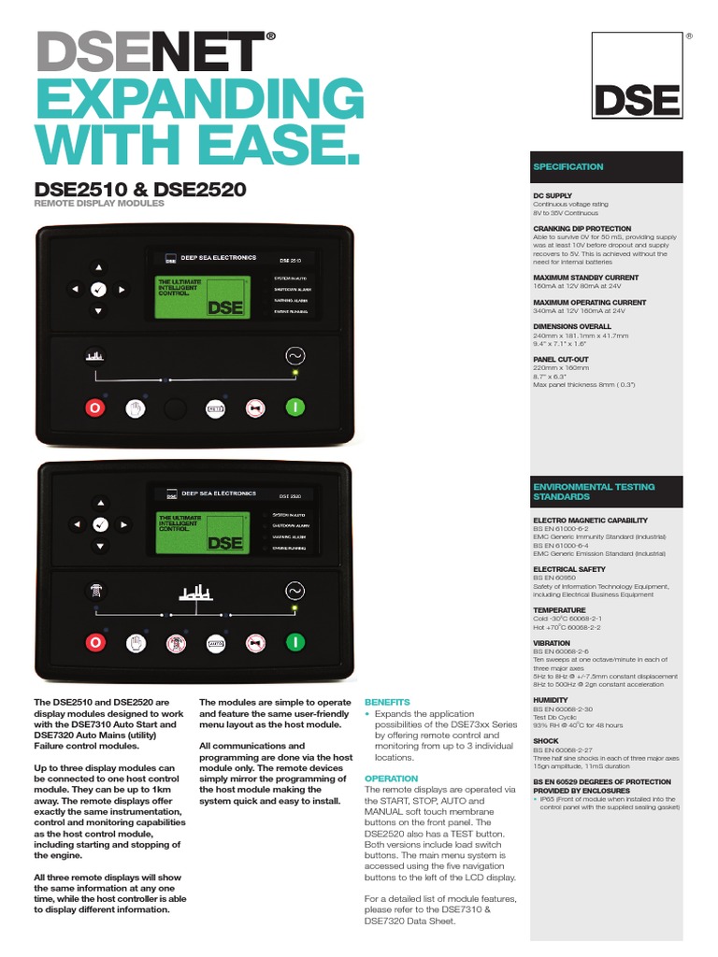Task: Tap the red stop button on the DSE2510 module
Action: point(93,408)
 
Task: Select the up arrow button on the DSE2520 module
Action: point(99,503)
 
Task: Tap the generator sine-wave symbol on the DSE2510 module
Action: point(294,356)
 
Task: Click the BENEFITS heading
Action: point(387,701)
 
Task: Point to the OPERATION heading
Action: point(391,778)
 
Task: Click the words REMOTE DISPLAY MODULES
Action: point(99,203)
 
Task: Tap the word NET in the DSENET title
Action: point(219,53)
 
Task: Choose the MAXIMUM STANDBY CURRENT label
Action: point(586,278)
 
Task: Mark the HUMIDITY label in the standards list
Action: point(551,700)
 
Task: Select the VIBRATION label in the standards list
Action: point(552,643)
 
